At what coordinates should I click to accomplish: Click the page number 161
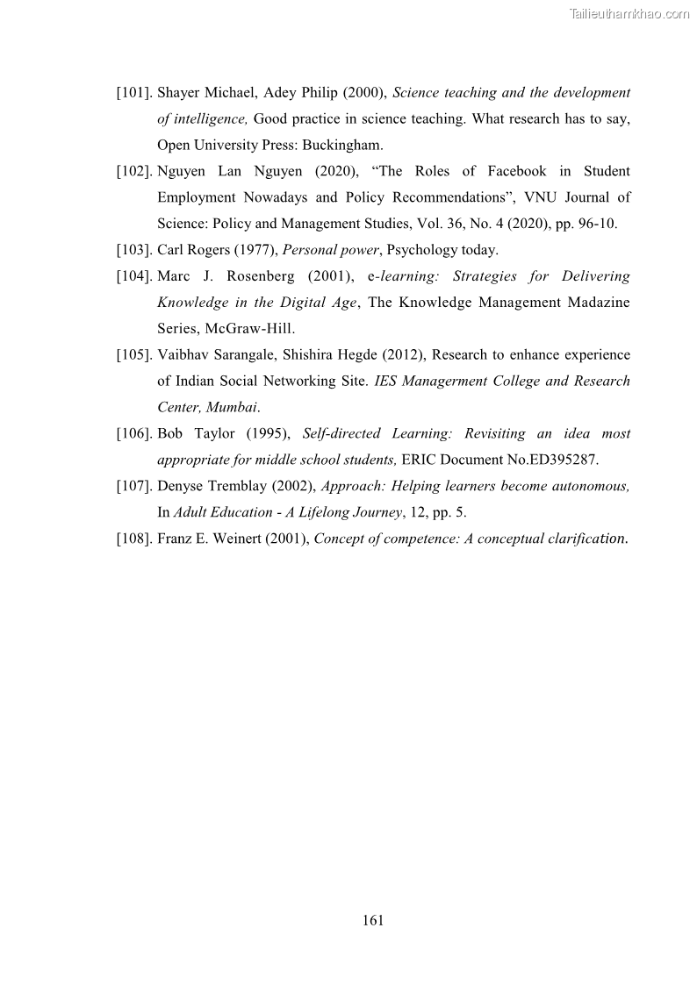tap(373, 920)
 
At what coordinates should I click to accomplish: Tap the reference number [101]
tap(136, 92)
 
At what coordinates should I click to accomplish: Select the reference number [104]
tap(136, 276)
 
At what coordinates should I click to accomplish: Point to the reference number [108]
tap(136, 539)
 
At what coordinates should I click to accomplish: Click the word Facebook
tap(517, 171)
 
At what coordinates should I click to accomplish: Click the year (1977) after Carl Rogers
tap(257, 250)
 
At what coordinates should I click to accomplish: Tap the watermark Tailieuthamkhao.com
tap(629, 13)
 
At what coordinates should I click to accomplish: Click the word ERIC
tap(419, 460)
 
